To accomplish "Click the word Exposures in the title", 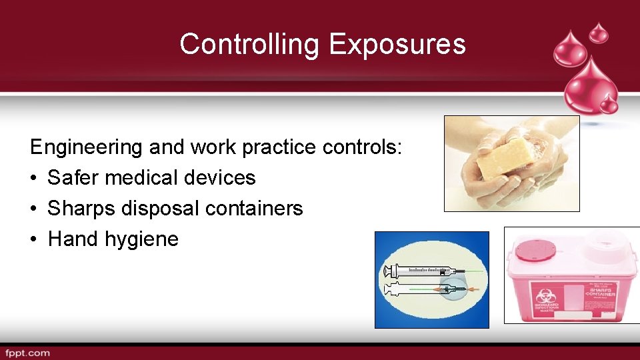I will coord(397,45).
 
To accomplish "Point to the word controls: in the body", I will coord(363,147).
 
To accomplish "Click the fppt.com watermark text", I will coord(27,353).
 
